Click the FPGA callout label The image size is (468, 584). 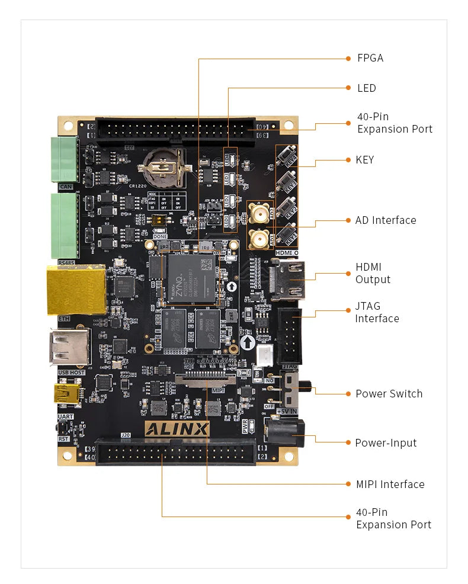pos(370,58)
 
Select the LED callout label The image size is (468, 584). pos(367,88)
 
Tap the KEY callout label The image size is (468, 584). pos(365,160)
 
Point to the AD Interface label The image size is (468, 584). pos(386,220)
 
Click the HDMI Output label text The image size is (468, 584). pos(373,274)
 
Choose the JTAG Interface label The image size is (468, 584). pos(377,312)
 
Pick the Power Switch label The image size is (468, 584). pos(389,394)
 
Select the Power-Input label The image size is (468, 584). pos(386,443)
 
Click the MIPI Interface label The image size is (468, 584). pos(390,484)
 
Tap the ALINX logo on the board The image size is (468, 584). pos(177,429)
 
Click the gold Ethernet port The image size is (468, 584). pos(76,290)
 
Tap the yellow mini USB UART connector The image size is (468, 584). pos(67,393)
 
